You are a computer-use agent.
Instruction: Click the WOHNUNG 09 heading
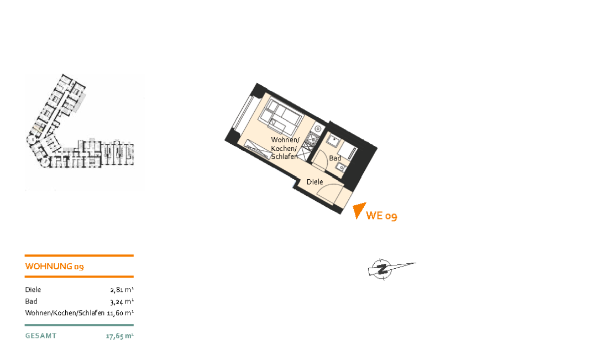coord(54,266)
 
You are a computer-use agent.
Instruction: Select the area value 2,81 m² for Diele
coord(122,290)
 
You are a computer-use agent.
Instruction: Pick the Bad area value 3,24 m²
coord(122,301)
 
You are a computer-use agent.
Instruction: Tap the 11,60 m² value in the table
coord(120,313)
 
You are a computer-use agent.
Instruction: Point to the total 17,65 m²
coord(120,336)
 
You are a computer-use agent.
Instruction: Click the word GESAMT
coord(41,336)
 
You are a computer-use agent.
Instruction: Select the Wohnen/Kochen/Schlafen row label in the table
coord(65,313)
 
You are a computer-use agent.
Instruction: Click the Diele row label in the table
coord(33,290)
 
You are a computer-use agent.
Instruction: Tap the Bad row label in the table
coord(31,301)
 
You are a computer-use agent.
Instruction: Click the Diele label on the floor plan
coord(315,181)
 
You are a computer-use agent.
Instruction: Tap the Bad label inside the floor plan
coord(335,158)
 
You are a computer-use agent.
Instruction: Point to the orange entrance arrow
coord(359,210)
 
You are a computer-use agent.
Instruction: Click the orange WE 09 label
coord(381,216)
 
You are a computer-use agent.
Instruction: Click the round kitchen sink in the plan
coord(318,128)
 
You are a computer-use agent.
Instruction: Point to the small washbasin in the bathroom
coord(341,167)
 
